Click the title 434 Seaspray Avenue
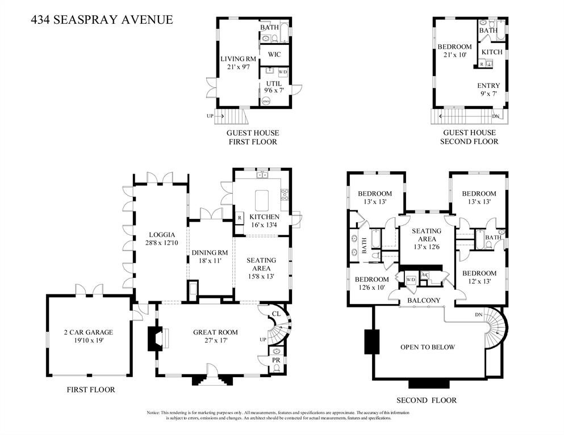[x=102, y=20]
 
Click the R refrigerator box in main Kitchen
[x=239, y=217]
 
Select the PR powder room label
[x=276, y=360]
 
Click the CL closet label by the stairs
[x=276, y=313]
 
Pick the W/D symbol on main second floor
[x=410, y=280]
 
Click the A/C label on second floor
[x=425, y=275]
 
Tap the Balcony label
[x=424, y=300]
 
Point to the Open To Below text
[x=427, y=347]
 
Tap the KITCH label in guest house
[x=492, y=52]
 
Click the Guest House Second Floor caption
[x=469, y=137]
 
